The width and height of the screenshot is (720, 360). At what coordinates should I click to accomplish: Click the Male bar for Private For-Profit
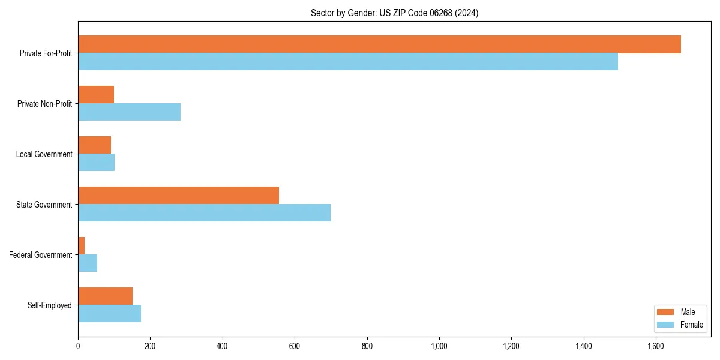379,44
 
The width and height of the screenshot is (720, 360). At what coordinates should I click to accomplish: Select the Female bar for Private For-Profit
348,62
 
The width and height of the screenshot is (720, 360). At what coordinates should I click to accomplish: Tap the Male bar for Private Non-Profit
96,95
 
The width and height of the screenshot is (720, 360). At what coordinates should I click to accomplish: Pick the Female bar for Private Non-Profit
129,112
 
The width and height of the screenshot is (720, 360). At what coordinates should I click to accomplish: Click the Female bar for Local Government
96,163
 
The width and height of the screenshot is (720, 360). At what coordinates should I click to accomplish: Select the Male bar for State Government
178,196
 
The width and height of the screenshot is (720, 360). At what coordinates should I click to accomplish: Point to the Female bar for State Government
204,213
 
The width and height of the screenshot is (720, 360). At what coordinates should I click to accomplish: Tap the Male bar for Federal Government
82,246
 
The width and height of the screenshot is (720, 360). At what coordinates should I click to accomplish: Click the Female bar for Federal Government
88,263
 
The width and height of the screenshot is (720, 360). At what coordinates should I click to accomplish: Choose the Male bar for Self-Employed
105,296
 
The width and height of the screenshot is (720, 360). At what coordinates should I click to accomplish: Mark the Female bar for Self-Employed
109,314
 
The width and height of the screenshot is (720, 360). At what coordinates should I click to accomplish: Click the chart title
394,13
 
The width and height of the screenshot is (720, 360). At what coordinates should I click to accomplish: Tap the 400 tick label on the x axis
223,346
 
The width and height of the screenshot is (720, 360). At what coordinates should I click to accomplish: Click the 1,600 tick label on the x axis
656,346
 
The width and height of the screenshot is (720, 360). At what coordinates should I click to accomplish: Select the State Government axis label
44,205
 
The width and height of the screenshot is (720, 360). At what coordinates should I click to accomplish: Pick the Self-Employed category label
49,305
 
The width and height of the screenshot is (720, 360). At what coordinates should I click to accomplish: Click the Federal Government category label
41,255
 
